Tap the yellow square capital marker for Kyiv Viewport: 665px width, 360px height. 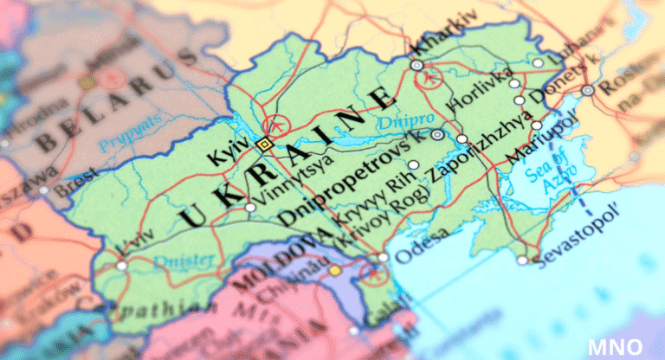[264, 145]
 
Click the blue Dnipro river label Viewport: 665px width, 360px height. [395, 121]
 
